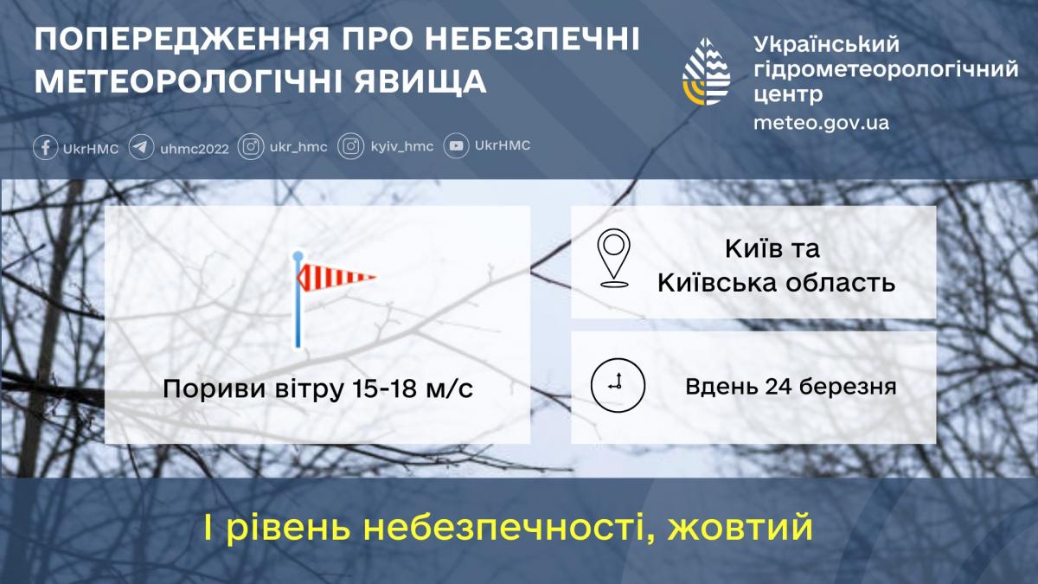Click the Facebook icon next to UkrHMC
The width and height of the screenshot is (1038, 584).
point(46,147)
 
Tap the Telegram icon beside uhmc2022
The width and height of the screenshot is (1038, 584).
point(142,147)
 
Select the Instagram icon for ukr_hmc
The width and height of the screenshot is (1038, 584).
point(251,147)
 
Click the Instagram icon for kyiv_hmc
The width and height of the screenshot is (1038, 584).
point(350,147)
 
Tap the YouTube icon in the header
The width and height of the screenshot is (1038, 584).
point(457,146)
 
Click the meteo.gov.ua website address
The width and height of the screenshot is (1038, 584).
point(821,122)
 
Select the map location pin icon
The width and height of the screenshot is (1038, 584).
point(614,258)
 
